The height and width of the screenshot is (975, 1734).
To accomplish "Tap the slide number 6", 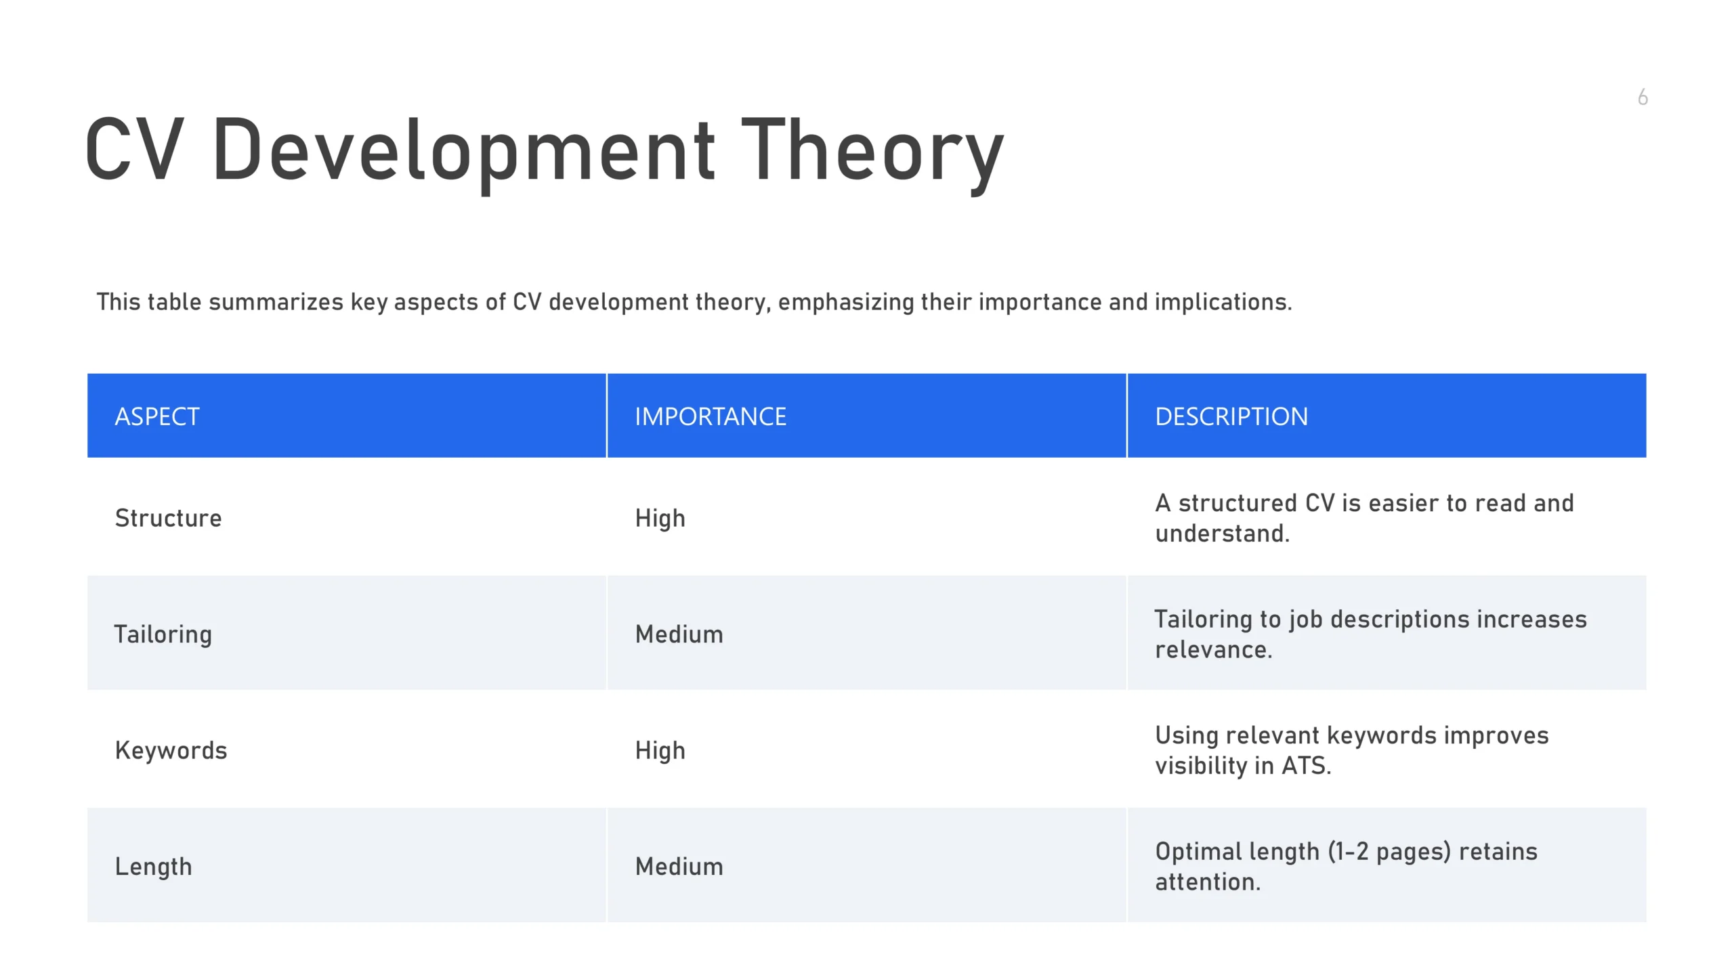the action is click(1643, 97).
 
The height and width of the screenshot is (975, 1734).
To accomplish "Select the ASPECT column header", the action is click(157, 416).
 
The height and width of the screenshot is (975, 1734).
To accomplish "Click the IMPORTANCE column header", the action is click(711, 416).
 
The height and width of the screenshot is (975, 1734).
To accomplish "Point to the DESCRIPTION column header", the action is click(1231, 416).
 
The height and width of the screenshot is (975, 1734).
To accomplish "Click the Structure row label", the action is click(168, 518).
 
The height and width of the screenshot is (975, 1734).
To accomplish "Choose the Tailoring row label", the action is click(163, 635).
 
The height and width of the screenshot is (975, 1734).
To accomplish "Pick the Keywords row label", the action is click(171, 750).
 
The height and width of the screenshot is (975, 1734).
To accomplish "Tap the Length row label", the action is click(153, 867).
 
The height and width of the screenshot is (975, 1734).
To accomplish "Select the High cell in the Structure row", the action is click(660, 519).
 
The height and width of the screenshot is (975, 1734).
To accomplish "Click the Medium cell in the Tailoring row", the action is click(679, 634).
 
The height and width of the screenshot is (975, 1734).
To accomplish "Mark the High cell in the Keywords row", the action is click(660, 751).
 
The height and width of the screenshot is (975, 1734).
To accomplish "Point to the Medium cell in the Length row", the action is click(679, 867).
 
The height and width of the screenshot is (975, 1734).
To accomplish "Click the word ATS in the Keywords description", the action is click(1307, 766).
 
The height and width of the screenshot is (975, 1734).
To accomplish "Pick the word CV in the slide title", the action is click(134, 149).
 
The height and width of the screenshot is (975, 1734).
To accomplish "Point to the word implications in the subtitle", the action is click(1223, 303).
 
